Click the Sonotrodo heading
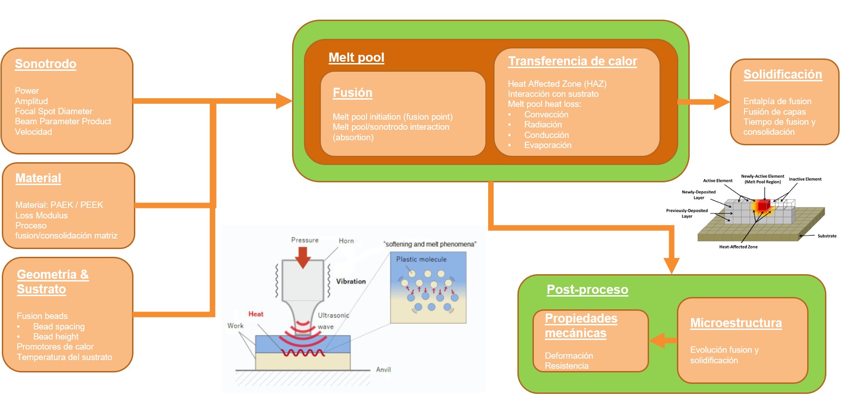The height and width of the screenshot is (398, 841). pos(46,64)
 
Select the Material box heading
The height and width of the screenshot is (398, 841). pos(38,178)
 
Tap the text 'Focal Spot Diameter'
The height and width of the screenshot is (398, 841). pos(53,111)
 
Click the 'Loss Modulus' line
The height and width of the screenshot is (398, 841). pos(42,215)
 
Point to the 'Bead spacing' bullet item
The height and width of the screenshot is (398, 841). pos(59,326)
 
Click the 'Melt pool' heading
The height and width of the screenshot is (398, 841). pos(357,58)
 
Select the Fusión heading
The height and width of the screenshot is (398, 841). pos(352,93)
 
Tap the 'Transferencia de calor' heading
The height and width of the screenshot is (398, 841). pos(572,61)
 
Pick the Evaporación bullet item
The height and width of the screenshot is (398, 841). pos(548,145)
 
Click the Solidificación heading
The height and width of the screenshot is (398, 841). pos(782,74)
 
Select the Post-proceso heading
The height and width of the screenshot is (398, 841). pos(587,290)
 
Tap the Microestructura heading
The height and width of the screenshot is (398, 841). pos(736,323)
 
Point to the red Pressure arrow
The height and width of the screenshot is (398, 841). pos(303,257)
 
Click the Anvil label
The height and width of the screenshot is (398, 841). pos(383,369)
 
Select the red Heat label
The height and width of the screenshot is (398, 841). pos(255,314)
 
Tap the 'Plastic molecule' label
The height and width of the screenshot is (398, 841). pos(421,259)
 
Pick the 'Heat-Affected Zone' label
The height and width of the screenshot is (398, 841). pos(738,247)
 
